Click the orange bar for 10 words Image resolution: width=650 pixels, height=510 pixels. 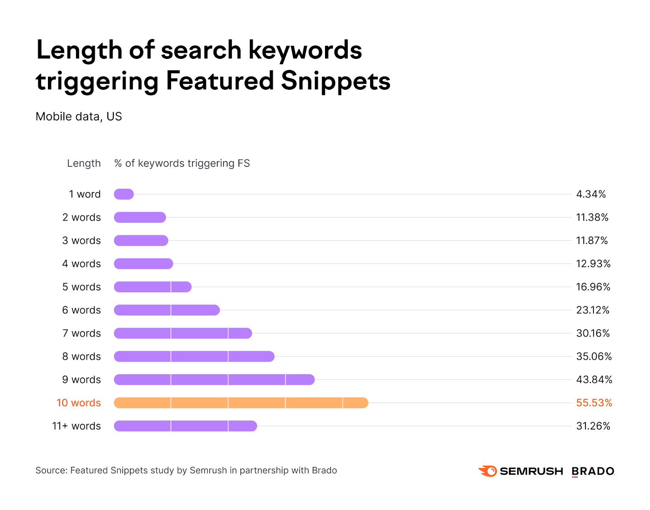[241, 403]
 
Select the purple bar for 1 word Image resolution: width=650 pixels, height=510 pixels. [123, 194]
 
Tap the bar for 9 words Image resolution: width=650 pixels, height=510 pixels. [214, 380]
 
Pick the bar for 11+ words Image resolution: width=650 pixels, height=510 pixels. [185, 426]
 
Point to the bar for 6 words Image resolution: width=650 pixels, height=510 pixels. [167, 310]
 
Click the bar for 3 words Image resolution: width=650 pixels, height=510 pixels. [141, 241]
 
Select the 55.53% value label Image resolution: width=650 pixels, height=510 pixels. [594, 403]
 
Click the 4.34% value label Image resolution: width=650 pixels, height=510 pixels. [591, 194]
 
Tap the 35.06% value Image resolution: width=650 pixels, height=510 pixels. [594, 356]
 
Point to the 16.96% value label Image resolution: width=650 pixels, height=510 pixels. [593, 287]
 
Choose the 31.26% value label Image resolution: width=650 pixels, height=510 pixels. [593, 426]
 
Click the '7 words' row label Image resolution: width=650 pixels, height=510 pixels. [81, 333]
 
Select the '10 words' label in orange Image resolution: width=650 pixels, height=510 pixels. [78, 403]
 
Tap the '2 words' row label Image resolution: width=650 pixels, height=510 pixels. [81, 217]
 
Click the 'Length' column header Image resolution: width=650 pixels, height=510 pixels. [84, 163]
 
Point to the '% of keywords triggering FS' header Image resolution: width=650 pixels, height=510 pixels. [182, 163]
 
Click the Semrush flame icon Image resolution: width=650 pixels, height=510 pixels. [487, 471]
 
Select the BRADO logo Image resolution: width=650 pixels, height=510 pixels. [593, 471]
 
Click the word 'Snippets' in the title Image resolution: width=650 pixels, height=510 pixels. [335, 80]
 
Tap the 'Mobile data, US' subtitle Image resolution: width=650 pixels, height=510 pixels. [79, 117]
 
